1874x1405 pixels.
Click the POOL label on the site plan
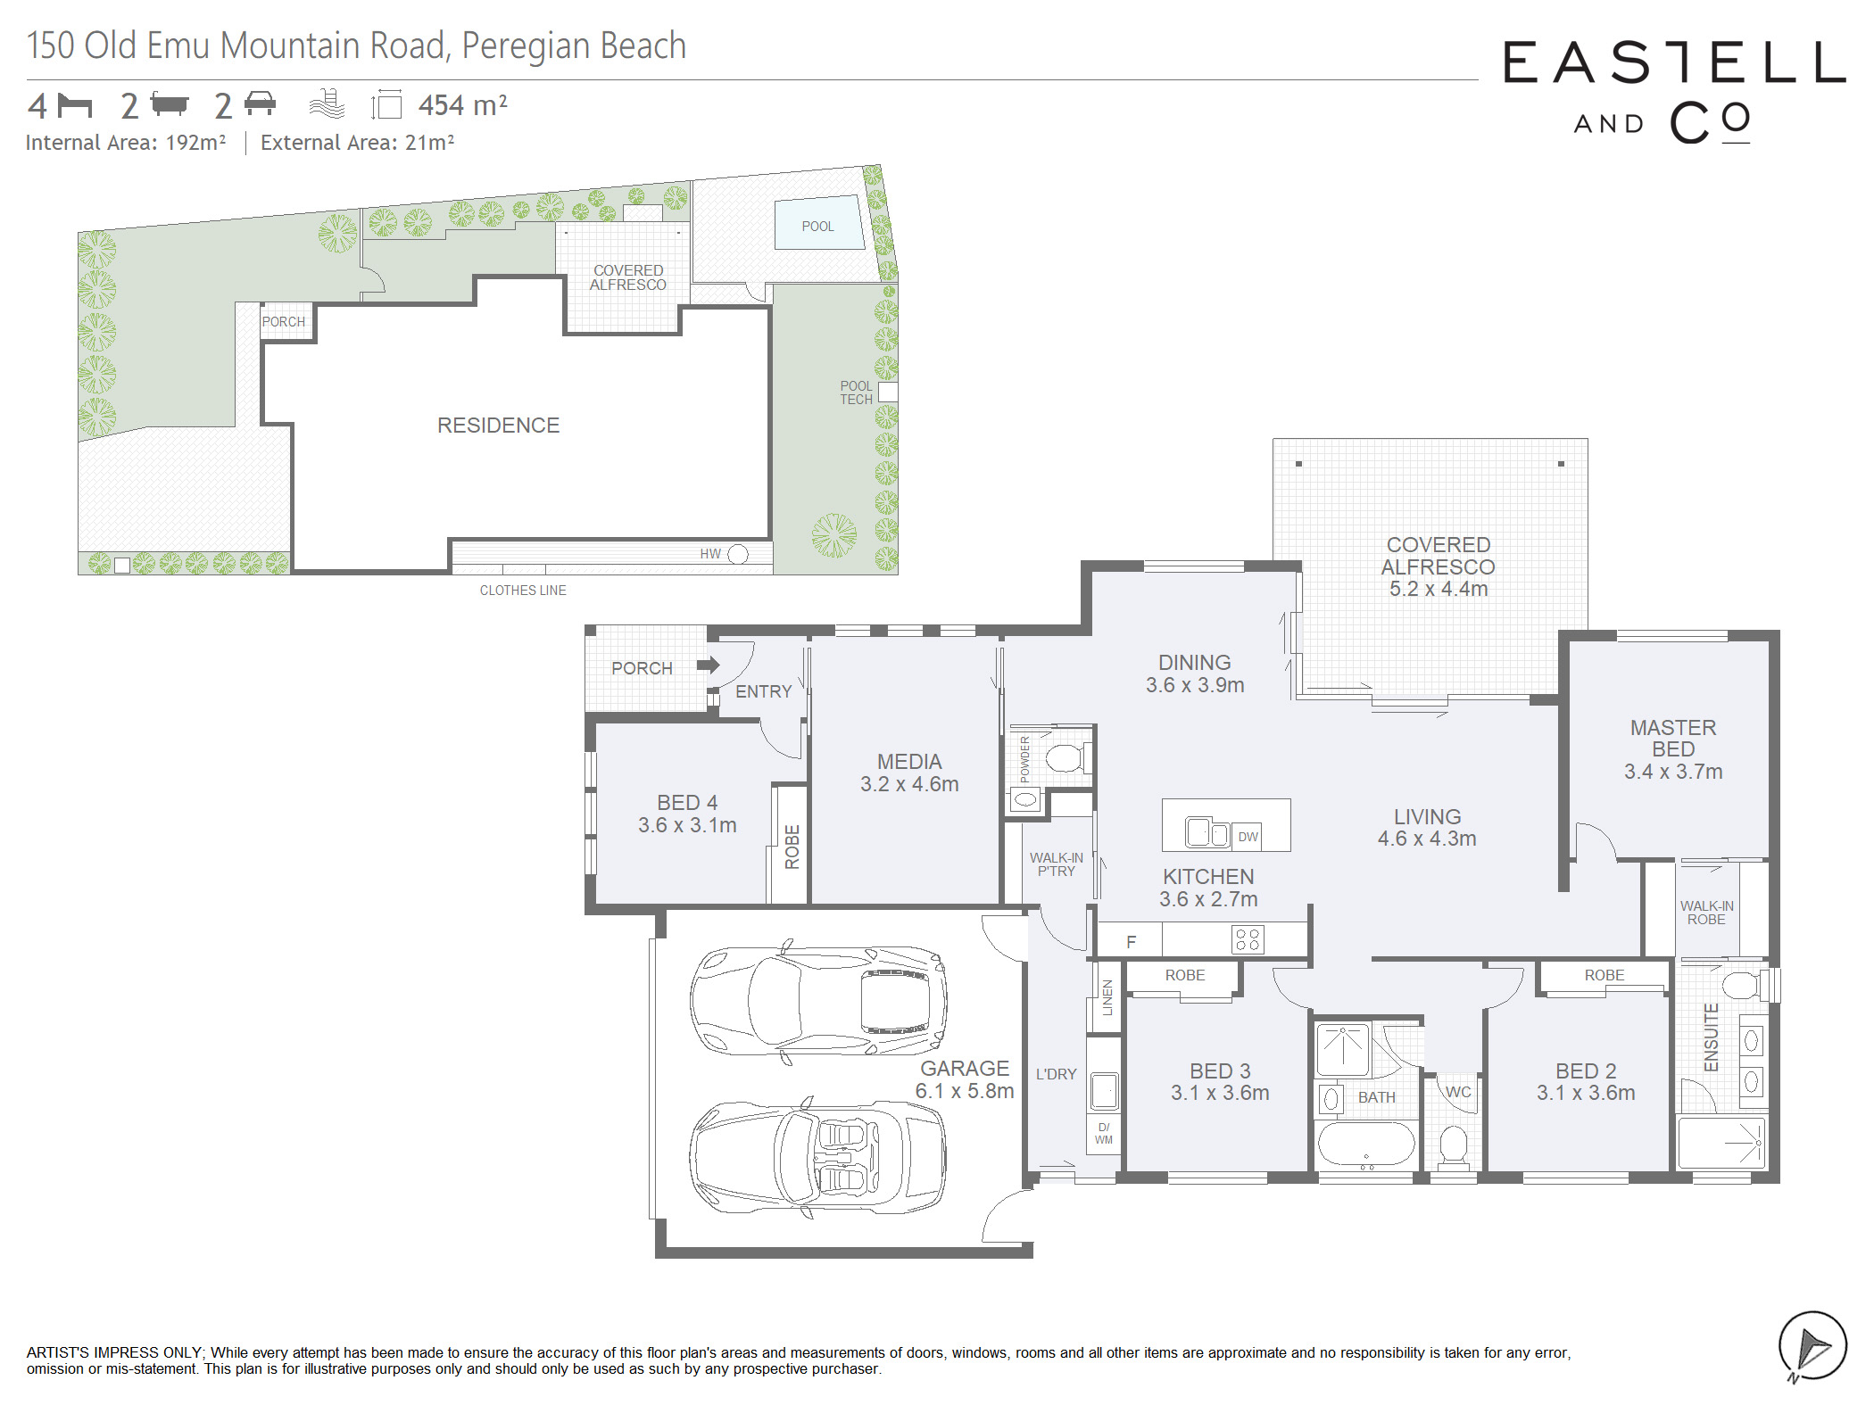tap(817, 227)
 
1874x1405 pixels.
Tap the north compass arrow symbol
tap(1812, 1345)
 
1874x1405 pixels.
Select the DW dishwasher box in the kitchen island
tap(1248, 836)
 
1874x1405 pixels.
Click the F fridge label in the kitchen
tap(1131, 942)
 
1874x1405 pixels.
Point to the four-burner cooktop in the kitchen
tap(1248, 939)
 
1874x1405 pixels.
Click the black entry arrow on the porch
tap(709, 665)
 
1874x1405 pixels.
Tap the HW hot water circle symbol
tap(738, 554)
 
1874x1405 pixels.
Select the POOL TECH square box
tap(888, 392)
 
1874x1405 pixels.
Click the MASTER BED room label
tap(1673, 739)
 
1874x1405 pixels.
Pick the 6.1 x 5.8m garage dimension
tap(965, 1091)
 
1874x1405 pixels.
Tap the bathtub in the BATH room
tap(1366, 1145)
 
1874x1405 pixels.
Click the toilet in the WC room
tap(1454, 1145)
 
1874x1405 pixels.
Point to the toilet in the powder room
tap(1064, 758)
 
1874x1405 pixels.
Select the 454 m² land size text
tap(463, 105)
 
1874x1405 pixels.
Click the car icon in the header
tap(260, 103)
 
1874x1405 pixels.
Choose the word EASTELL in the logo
tap(1675, 62)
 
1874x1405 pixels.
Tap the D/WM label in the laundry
tap(1104, 1134)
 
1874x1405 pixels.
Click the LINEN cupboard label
tap(1107, 997)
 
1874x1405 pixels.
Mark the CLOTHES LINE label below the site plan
tap(523, 591)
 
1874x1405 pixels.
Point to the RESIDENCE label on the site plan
tap(498, 426)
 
